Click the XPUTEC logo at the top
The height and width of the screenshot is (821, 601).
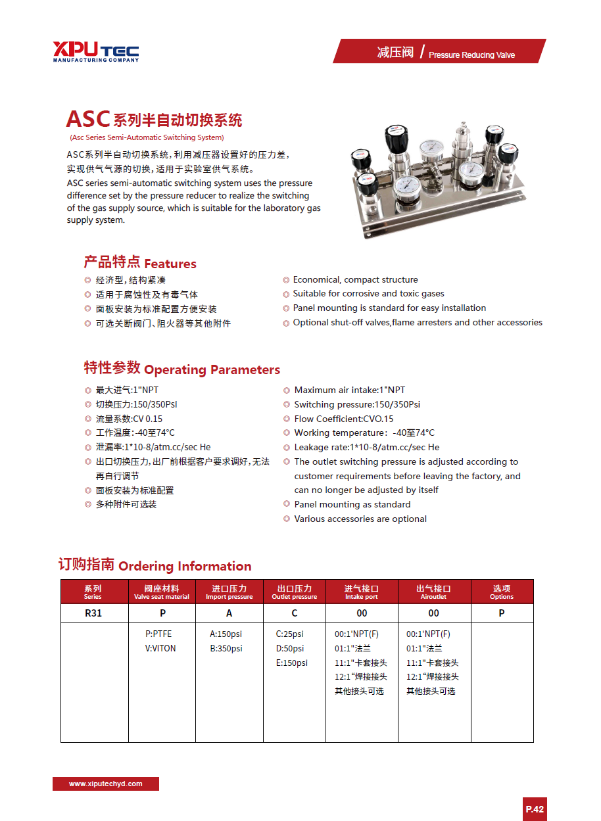96,51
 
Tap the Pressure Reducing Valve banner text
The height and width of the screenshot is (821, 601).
471,55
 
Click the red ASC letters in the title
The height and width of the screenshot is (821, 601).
87,119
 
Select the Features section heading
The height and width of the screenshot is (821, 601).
140,263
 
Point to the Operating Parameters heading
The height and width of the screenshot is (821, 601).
182,369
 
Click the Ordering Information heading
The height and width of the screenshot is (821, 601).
155,565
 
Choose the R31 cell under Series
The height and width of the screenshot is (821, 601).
93,613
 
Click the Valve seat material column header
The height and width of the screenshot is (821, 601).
162,592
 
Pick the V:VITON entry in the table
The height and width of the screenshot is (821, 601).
160,649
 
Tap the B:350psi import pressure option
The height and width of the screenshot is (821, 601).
226,649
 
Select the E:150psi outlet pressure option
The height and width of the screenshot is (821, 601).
291,663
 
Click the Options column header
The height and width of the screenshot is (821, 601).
502,592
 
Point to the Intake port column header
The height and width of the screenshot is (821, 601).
362,592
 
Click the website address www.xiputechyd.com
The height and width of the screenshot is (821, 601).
106,784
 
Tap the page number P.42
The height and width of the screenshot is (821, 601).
535,809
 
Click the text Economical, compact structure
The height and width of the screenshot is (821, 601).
355,280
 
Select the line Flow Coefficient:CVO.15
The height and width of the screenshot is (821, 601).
343,419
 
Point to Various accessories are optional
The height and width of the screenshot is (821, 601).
360,519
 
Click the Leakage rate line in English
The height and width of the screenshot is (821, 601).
367,448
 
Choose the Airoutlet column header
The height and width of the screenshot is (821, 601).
433,592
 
